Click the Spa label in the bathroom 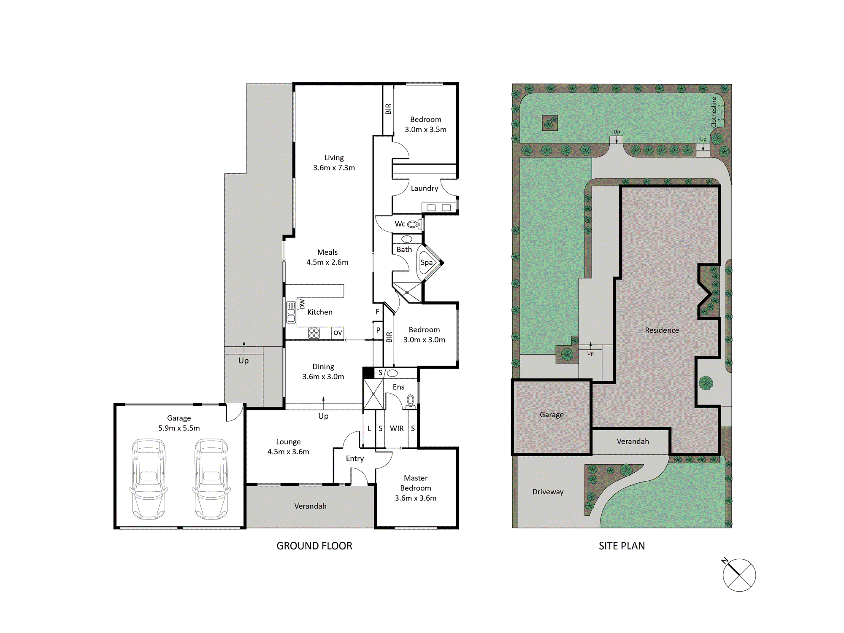[x=427, y=262]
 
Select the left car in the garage [x=149, y=479]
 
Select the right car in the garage [x=211, y=479]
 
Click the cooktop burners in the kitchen [x=314, y=333]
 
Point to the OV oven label [x=338, y=333]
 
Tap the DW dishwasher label [x=302, y=304]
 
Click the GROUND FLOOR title [x=314, y=546]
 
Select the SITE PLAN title [x=622, y=546]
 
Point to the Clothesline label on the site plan [x=714, y=112]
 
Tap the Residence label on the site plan [x=662, y=330]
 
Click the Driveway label [x=548, y=492]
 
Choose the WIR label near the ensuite [x=397, y=428]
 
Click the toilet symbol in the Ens [x=410, y=401]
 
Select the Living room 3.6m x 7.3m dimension [x=334, y=167]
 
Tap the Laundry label [x=425, y=189]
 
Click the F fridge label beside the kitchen [x=378, y=312]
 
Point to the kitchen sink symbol [x=291, y=312]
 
